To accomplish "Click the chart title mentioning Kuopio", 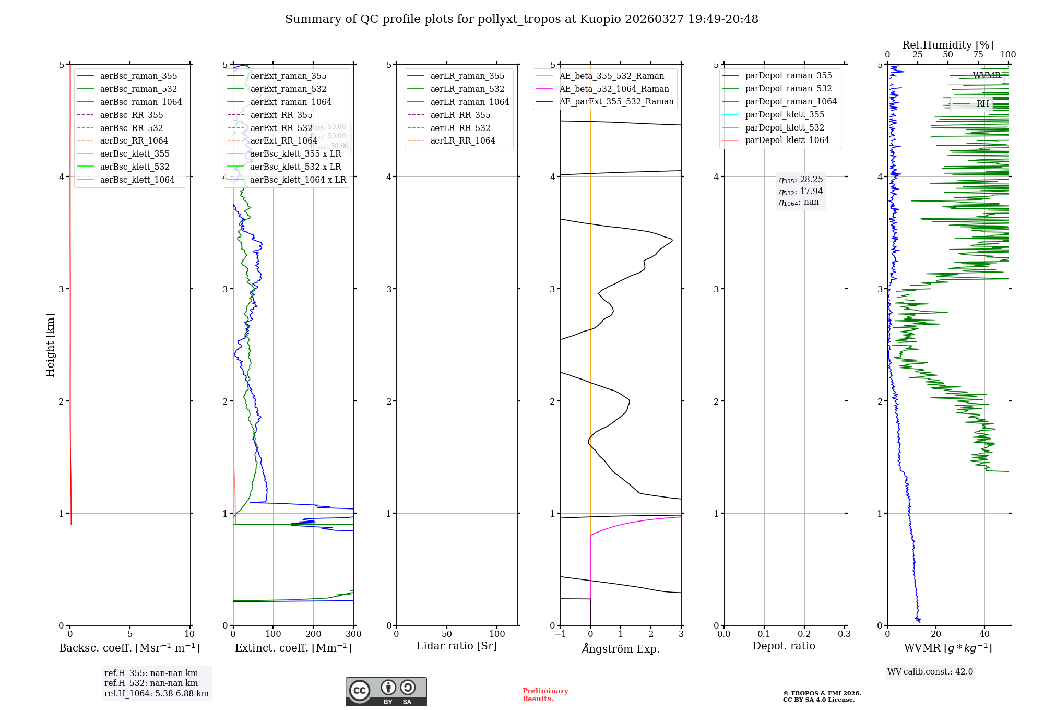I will tap(521, 19).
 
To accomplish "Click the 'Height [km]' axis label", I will tap(50, 345).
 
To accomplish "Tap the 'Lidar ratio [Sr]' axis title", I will tap(457, 646).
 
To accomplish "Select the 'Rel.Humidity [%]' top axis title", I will tap(947, 45).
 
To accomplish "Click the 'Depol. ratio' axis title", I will tap(784, 646).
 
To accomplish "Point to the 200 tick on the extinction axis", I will tap(313, 634).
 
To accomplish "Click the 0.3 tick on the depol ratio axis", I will tap(844, 634).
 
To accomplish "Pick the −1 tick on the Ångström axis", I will tap(560, 634).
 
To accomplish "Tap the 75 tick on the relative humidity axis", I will tap(978, 55).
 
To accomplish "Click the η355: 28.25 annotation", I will tap(801, 180).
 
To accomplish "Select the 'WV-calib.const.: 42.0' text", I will tap(930, 672).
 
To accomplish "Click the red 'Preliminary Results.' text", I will tap(545, 695).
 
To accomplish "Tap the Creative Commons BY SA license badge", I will tap(386, 692).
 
